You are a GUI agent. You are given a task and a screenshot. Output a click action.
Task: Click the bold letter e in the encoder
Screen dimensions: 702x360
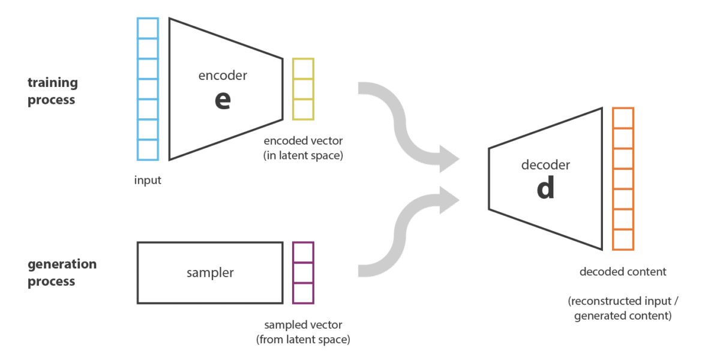[223, 100]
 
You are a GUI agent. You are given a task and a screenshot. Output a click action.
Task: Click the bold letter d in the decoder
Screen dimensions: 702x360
[545, 187]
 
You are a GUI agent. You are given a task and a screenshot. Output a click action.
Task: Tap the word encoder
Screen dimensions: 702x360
[223, 75]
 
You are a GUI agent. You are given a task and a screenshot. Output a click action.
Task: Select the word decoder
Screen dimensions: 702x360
[545, 165]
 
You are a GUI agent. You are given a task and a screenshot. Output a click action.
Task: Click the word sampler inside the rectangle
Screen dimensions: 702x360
[210, 273]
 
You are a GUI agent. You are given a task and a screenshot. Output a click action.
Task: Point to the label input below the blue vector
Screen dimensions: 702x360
[147, 180]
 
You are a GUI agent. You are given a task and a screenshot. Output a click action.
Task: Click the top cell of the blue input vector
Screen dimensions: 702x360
[148, 28]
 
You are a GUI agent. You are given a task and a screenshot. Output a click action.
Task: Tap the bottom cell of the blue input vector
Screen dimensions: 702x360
[148, 149]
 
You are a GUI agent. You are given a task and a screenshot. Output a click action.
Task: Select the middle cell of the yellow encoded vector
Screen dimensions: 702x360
[303, 89]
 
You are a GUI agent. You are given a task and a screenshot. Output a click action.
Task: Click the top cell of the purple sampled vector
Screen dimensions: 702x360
[303, 252]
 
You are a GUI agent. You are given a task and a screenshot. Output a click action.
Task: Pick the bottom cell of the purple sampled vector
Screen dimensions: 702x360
[303, 293]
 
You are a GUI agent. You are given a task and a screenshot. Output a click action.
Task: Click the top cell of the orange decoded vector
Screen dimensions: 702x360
[623, 118]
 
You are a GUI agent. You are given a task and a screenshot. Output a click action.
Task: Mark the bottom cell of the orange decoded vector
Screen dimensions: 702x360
[623, 239]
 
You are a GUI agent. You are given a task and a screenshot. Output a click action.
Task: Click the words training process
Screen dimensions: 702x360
[52, 91]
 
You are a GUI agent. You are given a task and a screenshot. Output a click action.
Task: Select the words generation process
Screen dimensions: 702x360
[62, 272]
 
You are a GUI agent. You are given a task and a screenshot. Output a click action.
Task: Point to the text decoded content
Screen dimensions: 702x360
[623, 272]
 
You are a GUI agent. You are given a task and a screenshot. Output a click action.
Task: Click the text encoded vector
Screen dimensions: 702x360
[303, 140]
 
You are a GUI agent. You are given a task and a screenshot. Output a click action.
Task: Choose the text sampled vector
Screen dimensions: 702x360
[303, 325]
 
